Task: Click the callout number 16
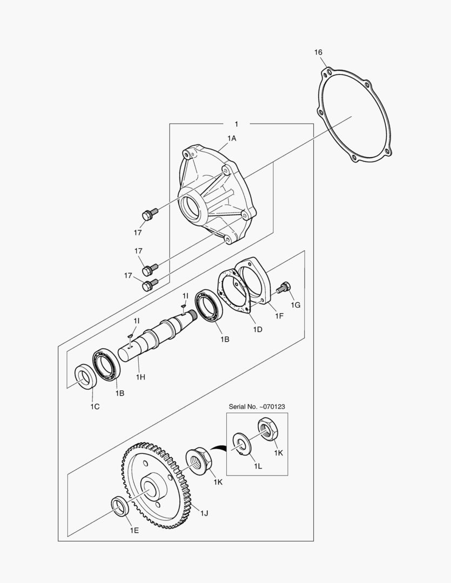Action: [x=318, y=52]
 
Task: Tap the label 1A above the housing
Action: [x=231, y=139]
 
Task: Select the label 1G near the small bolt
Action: [x=295, y=305]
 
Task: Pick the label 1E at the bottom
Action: [x=134, y=530]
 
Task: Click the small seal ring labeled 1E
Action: [x=119, y=506]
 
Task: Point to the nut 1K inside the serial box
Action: [x=267, y=429]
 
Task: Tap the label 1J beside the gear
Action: [x=204, y=513]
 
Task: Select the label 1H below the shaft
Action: [x=140, y=377]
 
